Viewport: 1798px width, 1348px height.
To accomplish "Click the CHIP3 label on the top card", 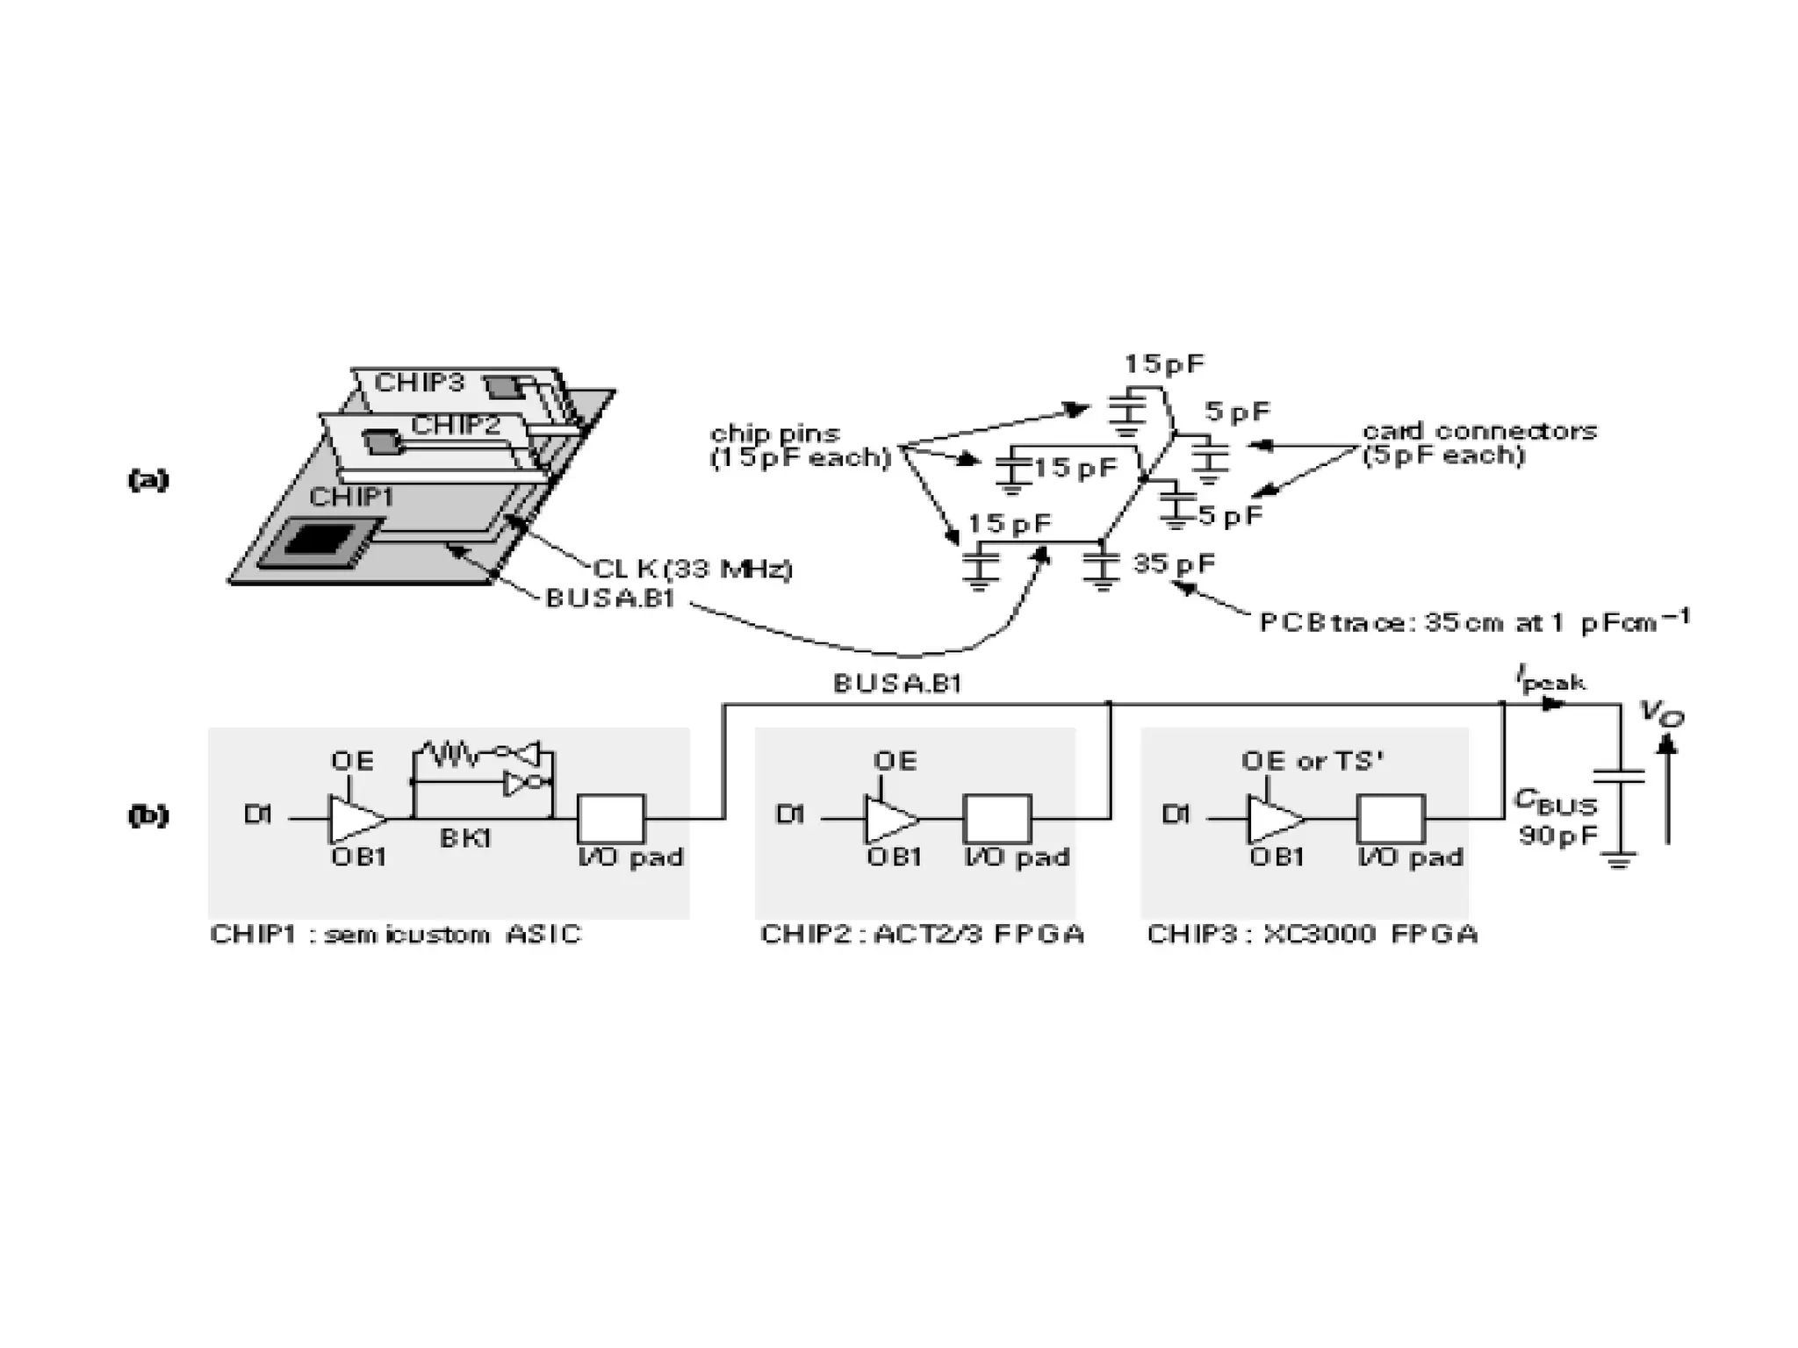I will pos(419,383).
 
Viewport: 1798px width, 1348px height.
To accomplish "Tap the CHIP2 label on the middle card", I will pos(456,426).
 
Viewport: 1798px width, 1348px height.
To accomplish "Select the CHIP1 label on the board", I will pos(352,498).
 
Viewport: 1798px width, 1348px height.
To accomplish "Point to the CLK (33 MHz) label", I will pos(693,570).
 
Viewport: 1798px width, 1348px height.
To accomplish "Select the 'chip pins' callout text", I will pos(775,433).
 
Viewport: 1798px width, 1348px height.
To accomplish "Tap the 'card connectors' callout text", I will pos(1479,431).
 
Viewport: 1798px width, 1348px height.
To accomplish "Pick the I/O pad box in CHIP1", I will pos(610,818).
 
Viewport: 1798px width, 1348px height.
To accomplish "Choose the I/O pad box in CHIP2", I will pos(997,818).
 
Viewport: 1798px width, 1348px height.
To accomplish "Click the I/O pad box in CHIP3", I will pos(1391,818).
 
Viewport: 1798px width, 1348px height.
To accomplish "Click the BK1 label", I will pos(465,839).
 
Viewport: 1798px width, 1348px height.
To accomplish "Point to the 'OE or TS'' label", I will pos(1312,761).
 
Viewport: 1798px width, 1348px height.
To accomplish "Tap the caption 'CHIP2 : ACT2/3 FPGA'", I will pos(922,934).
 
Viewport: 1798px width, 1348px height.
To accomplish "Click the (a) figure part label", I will pos(148,479).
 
